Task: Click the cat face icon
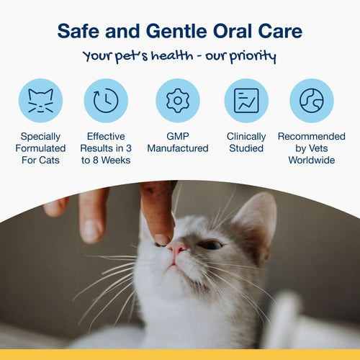click(x=40, y=100)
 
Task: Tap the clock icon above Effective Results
click(x=106, y=100)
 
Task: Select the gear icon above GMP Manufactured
click(x=178, y=100)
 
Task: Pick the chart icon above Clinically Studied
click(x=246, y=100)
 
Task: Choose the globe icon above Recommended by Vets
click(x=312, y=100)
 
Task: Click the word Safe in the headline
click(x=78, y=31)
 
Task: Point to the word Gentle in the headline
click(x=176, y=31)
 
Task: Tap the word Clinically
click(x=246, y=135)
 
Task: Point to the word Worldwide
click(x=312, y=160)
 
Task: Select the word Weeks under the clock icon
click(x=117, y=160)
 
